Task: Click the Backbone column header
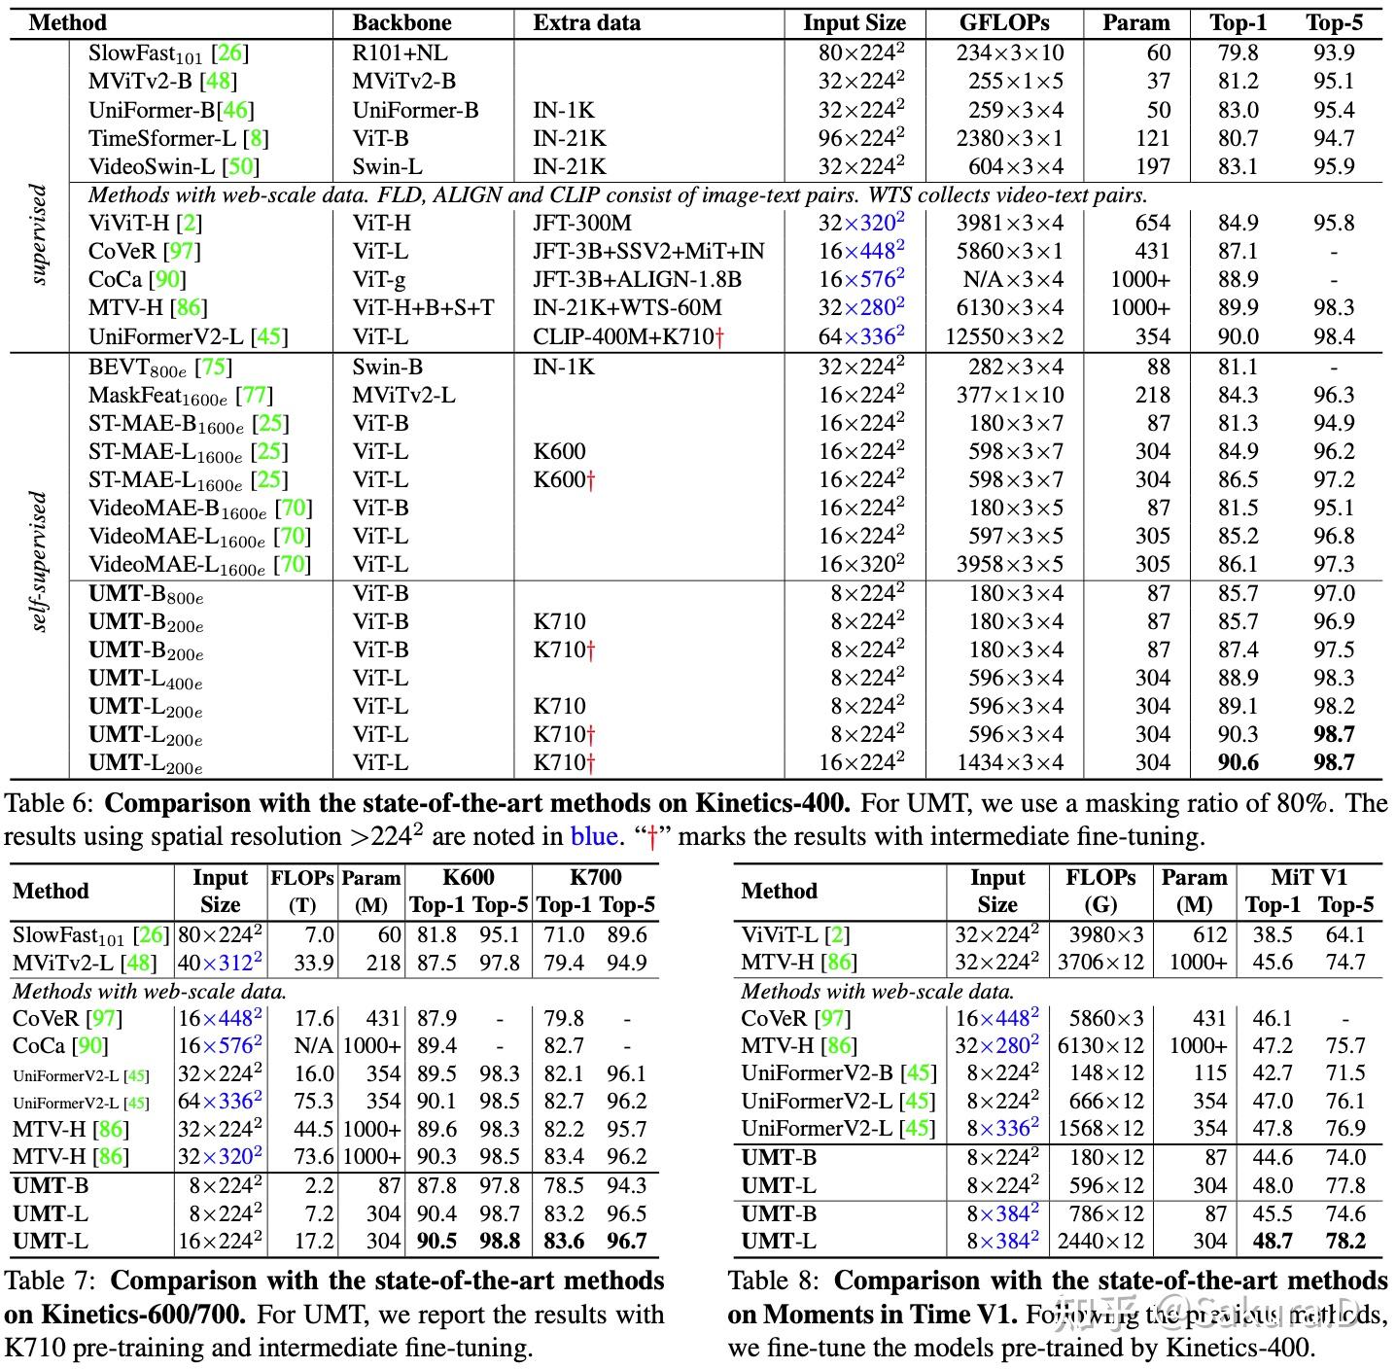point(401,23)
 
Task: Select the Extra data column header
point(586,23)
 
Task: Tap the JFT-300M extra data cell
point(581,224)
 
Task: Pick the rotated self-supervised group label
point(39,560)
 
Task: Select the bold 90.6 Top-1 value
point(1238,763)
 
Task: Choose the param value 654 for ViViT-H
point(1152,224)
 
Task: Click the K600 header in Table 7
point(469,878)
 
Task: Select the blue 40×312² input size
point(221,963)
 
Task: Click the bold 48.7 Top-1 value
point(1272,1242)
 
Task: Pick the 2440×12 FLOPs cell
point(1100,1242)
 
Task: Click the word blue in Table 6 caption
point(593,836)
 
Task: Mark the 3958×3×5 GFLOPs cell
point(1009,565)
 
